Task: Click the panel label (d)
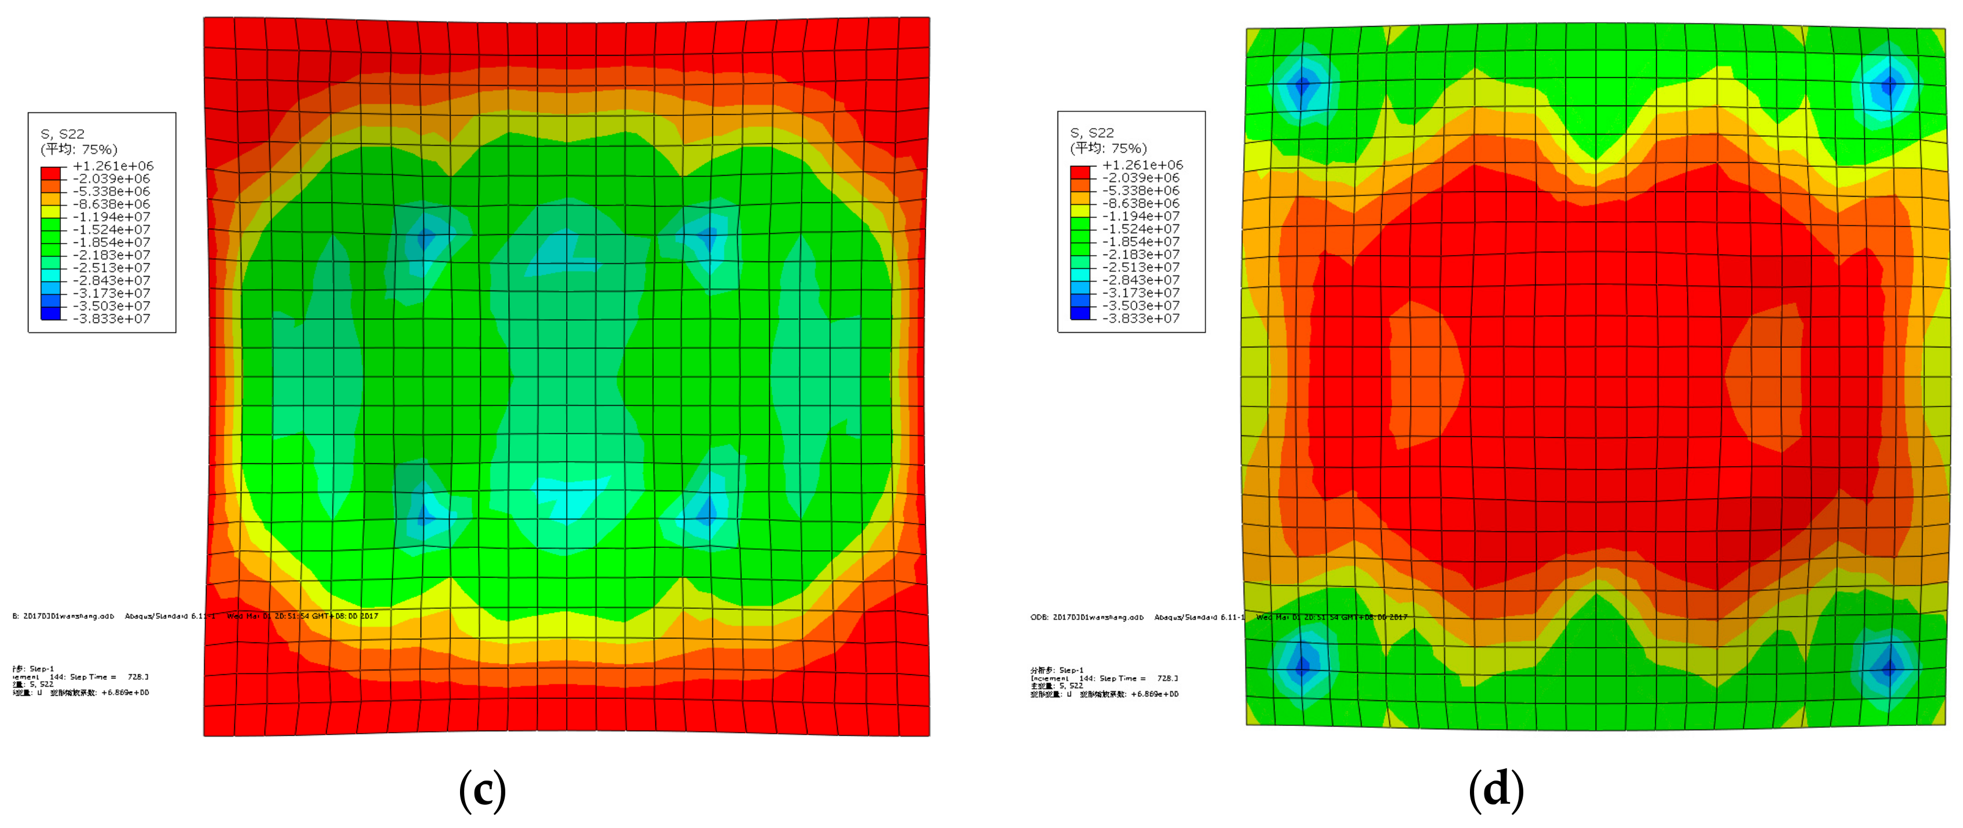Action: pos(1496,789)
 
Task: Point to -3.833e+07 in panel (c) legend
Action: pos(111,319)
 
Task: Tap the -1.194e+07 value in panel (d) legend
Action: pos(1141,216)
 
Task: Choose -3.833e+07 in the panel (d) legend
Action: pos(1141,318)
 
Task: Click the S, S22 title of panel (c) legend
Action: pos(63,134)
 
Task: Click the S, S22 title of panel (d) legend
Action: pos(1092,133)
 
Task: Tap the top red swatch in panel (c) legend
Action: pos(50,173)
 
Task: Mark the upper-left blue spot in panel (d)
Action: pos(1302,84)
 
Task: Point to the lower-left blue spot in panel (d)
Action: pos(1302,666)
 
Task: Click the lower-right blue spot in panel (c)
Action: pos(707,510)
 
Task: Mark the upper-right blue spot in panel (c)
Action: pos(708,238)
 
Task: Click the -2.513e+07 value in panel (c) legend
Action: pos(111,268)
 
